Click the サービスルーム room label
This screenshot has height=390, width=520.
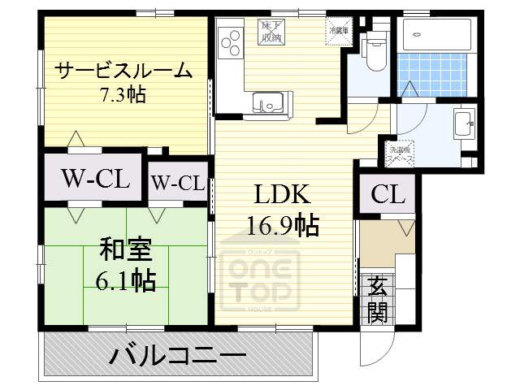(x=124, y=71)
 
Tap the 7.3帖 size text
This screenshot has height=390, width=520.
(x=123, y=94)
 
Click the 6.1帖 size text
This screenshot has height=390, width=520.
(x=122, y=281)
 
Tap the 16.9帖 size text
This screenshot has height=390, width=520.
(x=282, y=224)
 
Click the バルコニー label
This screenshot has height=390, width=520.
(x=178, y=356)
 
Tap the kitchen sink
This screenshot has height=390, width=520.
(x=268, y=102)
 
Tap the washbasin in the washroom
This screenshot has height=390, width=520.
(x=462, y=127)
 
